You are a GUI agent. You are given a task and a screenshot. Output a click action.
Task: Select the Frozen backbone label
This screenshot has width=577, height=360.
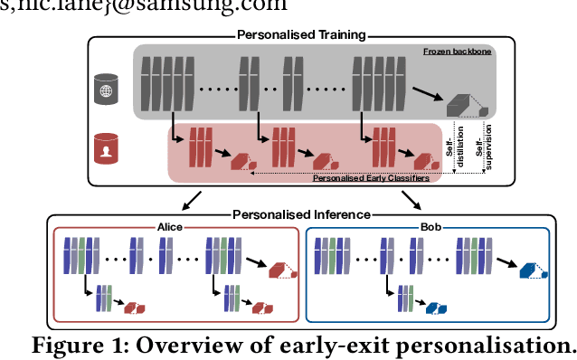tap(458, 53)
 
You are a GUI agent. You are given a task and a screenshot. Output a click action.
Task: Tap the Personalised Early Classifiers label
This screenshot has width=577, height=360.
tap(371, 178)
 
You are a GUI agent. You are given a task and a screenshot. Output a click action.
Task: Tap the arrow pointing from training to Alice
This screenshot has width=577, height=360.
tap(192, 199)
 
